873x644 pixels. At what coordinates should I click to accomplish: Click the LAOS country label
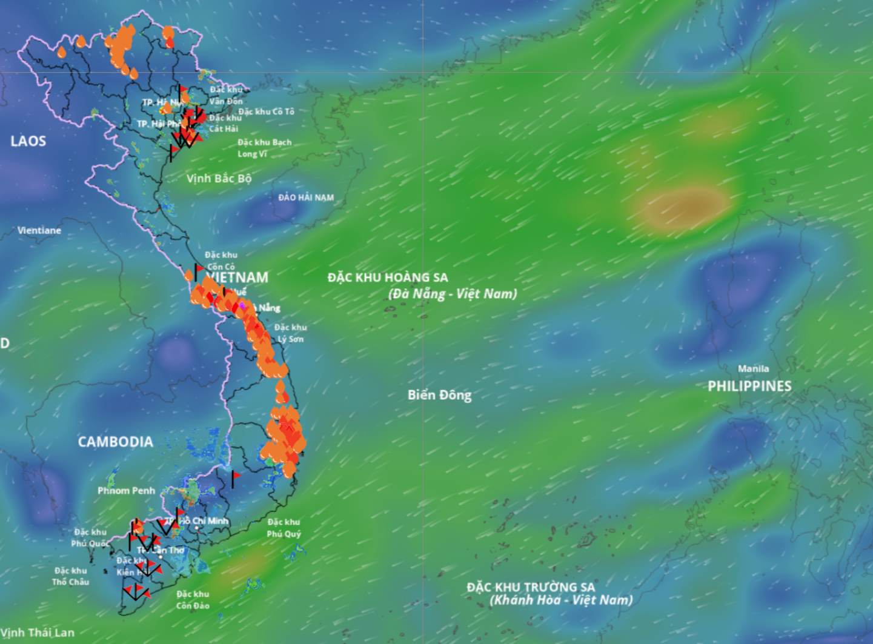point(28,141)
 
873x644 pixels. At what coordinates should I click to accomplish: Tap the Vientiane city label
point(39,230)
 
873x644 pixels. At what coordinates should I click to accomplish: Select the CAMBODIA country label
point(115,442)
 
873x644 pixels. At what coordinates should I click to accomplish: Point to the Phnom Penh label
point(126,490)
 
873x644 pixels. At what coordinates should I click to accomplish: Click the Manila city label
point(753,368)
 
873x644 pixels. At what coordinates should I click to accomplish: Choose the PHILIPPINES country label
point(749,386)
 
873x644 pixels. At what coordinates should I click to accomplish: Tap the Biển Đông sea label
point(439,395)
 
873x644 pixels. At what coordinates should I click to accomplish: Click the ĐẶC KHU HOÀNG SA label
point(388,277)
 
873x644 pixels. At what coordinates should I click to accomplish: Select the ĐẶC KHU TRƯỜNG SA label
point(531,587)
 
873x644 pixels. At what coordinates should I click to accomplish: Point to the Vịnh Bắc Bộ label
point(219,178)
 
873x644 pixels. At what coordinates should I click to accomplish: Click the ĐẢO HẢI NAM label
point(306,198)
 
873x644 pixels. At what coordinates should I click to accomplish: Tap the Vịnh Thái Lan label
point(38,632)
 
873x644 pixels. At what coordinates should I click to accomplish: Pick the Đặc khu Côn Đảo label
point(193,600)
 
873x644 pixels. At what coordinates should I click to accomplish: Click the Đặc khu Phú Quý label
point(284,528)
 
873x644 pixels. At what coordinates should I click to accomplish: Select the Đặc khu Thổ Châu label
point(70,576)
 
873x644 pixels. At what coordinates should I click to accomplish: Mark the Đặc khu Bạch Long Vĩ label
point(264,148)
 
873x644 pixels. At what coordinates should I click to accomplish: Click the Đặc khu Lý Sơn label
point(291,333)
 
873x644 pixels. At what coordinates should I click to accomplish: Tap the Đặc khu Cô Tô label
point(266,111)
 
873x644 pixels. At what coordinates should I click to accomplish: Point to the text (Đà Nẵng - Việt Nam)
point(453,294)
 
